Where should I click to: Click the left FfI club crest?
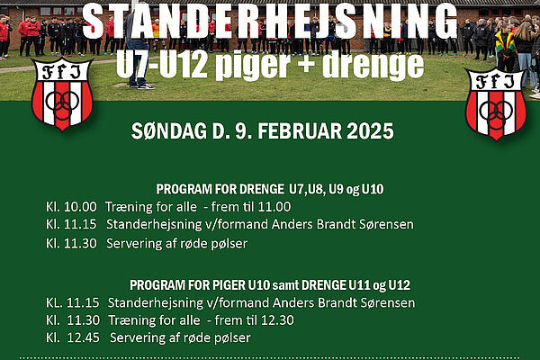62,94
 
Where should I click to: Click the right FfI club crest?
496,104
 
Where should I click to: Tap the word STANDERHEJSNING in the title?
270,22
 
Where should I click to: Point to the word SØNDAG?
169,131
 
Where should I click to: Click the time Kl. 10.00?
71,207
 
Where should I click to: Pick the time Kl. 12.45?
73,337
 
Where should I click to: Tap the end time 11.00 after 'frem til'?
274,207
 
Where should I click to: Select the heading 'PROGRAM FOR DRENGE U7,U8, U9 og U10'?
270,189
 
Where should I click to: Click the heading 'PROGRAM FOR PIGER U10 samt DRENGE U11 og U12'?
270,285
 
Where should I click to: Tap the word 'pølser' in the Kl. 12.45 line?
232,338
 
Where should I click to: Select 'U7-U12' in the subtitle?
162,66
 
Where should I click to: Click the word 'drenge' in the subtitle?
373,66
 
